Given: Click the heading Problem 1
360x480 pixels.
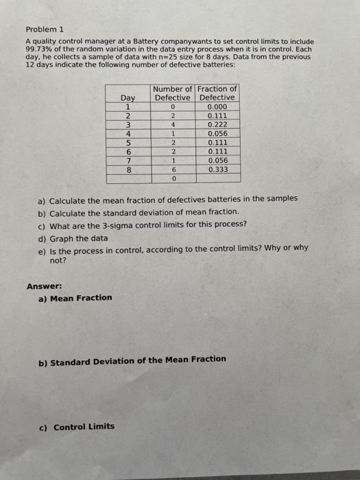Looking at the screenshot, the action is click(x=44, y=29).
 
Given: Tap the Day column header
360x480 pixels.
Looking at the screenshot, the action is click(x=128, y=98).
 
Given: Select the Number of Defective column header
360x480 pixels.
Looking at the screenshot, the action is click(x=173, y=93).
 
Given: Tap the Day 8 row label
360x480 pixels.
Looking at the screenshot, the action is click(x=128, y=169).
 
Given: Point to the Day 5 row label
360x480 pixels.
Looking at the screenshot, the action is click(x=128, y=142).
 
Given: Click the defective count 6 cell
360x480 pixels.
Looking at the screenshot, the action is click(x=174, y=169).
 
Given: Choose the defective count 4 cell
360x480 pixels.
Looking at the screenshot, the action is click(x=174, y=125).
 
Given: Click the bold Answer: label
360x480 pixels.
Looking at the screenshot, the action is click(x=44, y=285).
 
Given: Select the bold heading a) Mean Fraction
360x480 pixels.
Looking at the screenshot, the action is click(x=75, y=298).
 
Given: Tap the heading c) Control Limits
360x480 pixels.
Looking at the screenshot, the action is click(x=77, y=427).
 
